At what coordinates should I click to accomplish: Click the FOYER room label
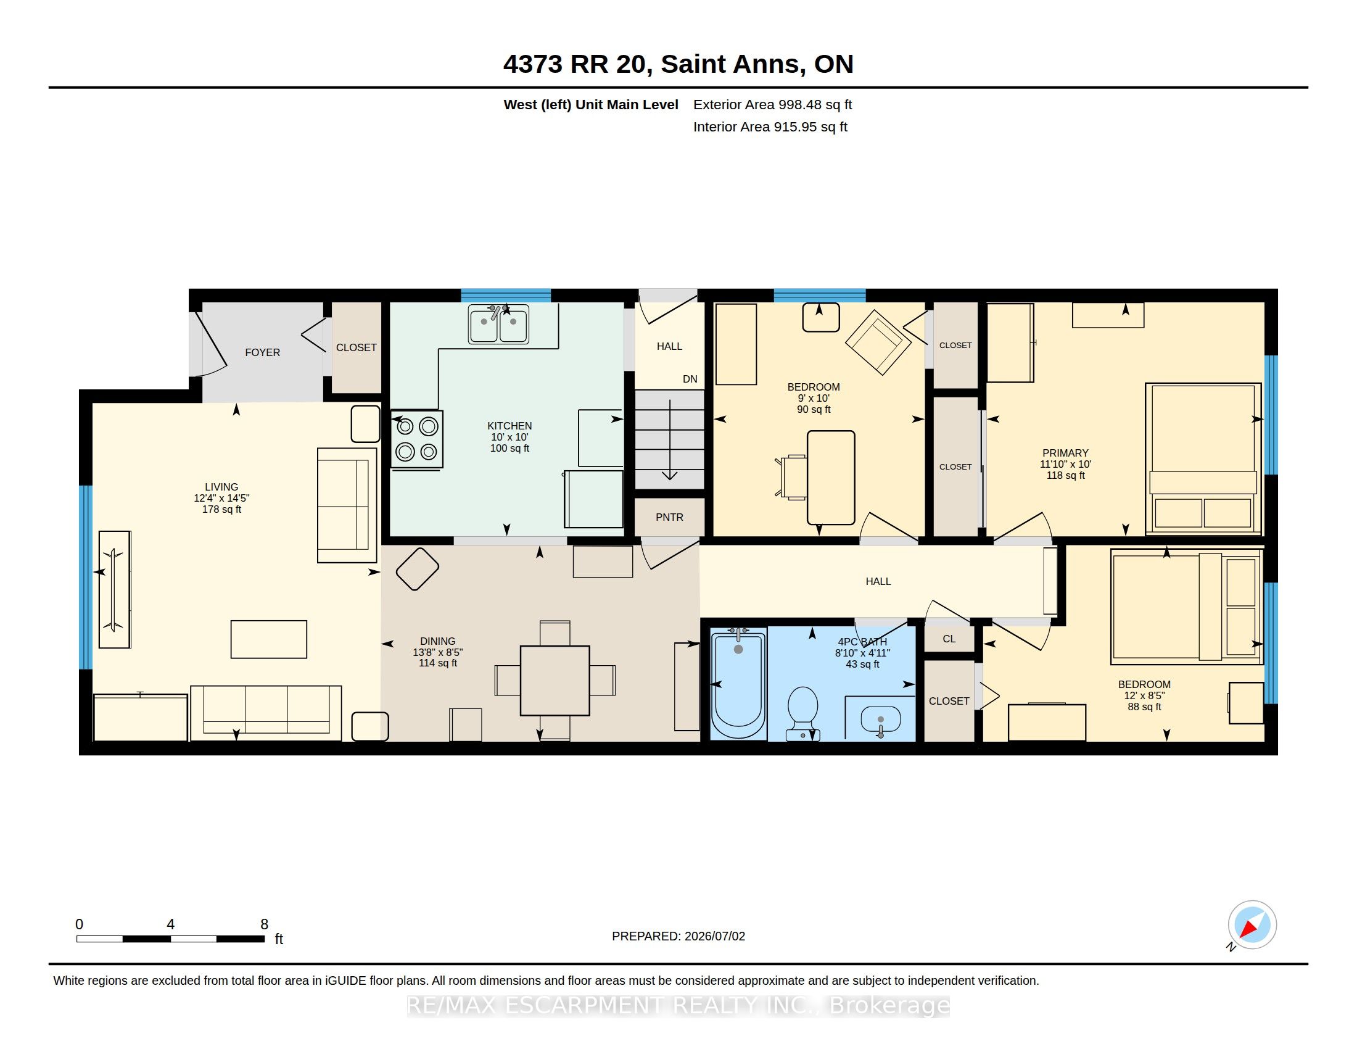(262, 352)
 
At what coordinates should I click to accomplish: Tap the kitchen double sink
(498, 324)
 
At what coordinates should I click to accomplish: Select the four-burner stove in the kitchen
(417, 439)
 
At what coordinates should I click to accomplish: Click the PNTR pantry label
(669, 517)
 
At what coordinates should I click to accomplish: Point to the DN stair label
(690, 379)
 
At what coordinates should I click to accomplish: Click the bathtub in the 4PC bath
(738, 684)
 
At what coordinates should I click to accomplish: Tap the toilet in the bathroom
(802, 713)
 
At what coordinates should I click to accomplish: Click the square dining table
(555, 681)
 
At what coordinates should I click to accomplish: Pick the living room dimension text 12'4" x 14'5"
(222, 499)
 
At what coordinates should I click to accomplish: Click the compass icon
(1252, 925)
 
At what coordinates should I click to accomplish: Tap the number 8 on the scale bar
(264, 924)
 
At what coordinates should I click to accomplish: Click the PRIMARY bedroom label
(1066, 453)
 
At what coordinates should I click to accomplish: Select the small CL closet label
(949, 639)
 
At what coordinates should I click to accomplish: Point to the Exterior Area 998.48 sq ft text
(772, 104)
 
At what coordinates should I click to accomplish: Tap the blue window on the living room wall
(86, 577)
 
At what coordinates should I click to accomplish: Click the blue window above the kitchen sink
(506, 295)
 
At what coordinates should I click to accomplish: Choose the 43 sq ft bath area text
(862, 665)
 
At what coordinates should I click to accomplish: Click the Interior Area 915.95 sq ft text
(770, 126)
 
